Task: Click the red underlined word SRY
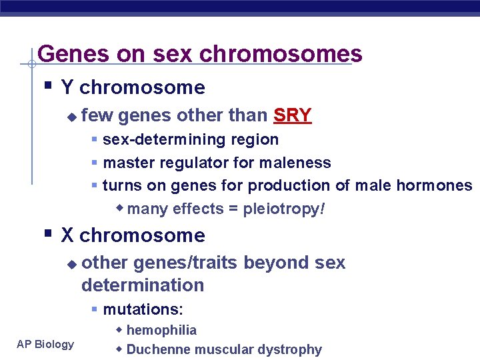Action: point(292,115)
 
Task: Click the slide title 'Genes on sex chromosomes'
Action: point(200,53)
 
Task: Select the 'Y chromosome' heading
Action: point(133,87)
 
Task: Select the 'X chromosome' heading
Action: point(133,235)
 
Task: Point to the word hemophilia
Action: point(161,330)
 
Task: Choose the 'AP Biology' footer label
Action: point(46,344)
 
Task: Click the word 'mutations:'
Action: point(143,309)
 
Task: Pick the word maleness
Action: point(297,163)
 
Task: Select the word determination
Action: point(143,285)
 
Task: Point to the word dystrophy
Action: point(291,349)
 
